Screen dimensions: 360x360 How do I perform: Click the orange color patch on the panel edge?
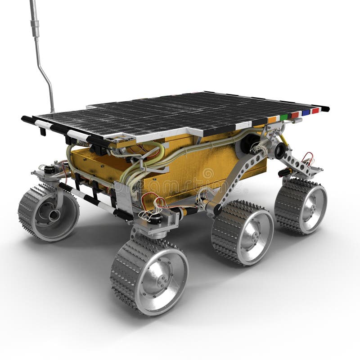coord(272,120)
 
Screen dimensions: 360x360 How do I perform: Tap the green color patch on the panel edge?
coord(284,117)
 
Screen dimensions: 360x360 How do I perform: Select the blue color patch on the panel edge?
coord(306,112)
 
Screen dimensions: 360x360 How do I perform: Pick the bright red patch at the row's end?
coord(315,110)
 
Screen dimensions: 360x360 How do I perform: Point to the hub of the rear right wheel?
coord(308,205)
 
